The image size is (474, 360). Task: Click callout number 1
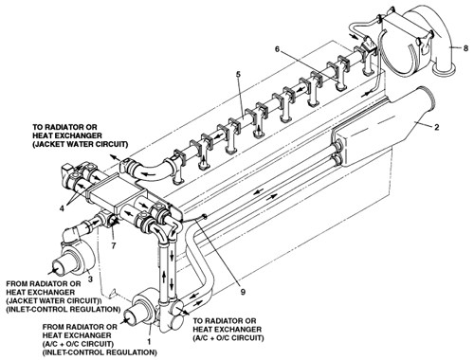tap(150, 341)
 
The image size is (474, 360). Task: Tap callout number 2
tap(436, 127)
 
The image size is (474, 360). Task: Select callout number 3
tap(90, 279)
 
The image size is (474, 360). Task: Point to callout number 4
tap(63, 208)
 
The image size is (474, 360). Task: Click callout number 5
tap(238, 75)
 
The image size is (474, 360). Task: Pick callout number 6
tap(277, 49)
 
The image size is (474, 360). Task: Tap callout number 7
tap(114, 245)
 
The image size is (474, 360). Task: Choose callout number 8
tap(465, 48)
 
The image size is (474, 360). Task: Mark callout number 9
tap(243, 292)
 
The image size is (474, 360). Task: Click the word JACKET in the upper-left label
tap(50, 144)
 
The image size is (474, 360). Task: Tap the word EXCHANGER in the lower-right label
tap(238, 330)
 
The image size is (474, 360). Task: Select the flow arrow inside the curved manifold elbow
tap(148, 172)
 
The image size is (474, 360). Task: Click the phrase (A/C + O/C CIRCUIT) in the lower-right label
tap(228, 338)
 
